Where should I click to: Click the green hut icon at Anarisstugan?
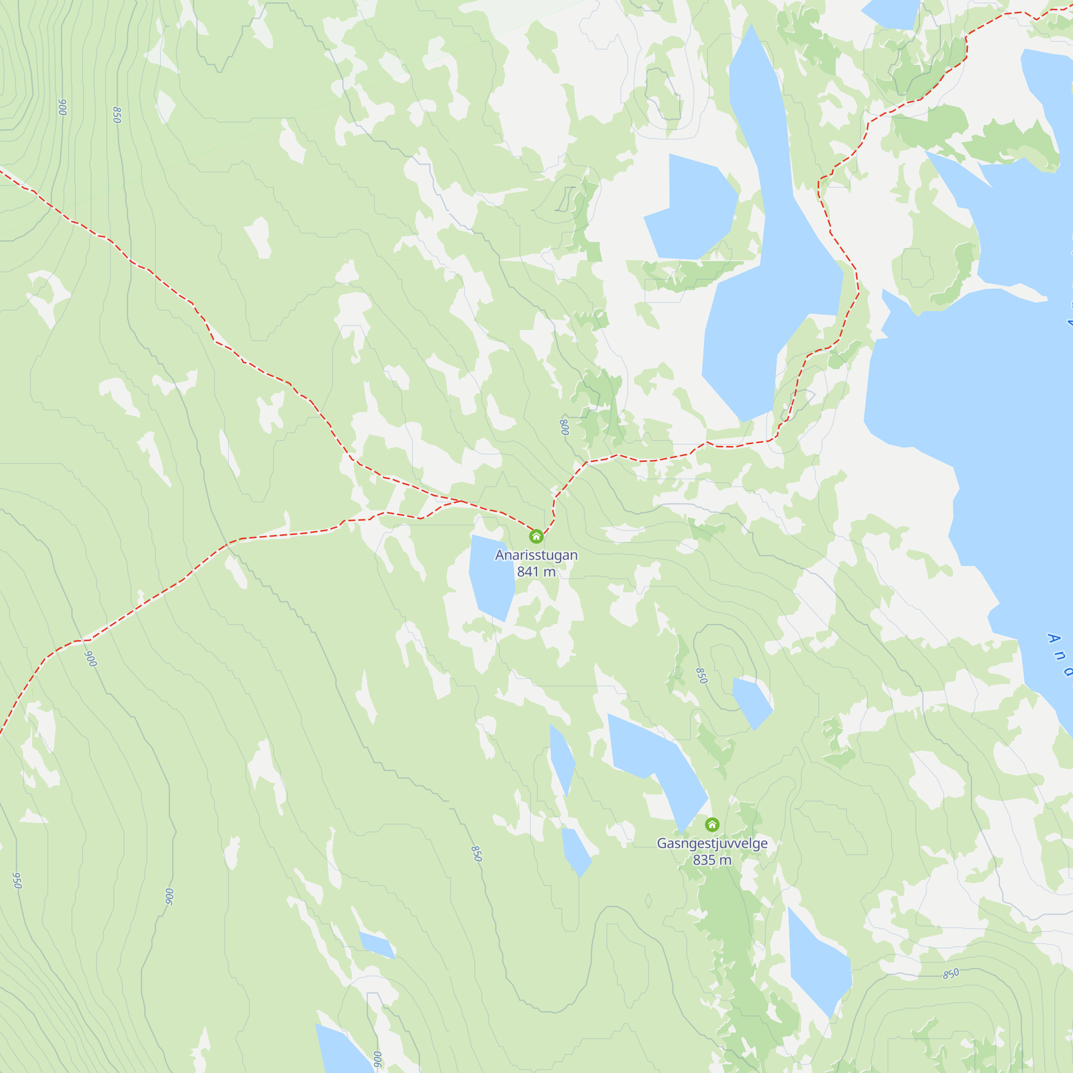536,536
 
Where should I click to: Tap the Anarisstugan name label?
536,555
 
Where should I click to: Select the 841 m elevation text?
536,571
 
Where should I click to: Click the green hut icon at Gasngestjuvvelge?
712,824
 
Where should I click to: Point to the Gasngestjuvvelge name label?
712,843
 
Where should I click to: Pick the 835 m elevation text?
712,859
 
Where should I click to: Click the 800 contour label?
564,427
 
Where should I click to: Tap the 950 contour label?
17,880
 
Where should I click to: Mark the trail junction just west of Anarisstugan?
461,501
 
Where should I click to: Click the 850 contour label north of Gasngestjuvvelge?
701,675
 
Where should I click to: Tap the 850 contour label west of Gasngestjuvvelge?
476,853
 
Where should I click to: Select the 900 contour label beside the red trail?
91,658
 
